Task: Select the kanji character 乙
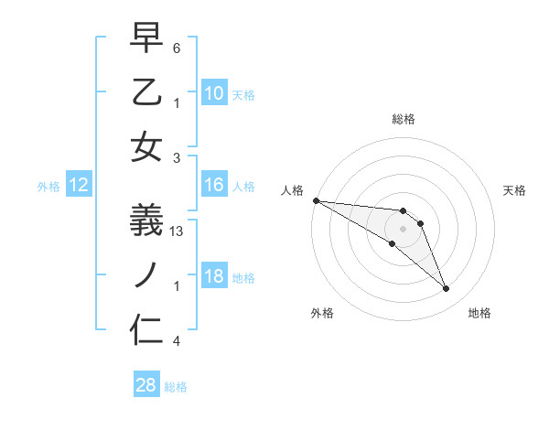point(146,91)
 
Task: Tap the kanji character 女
point(146,146)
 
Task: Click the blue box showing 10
point(214,92)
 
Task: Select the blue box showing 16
point(214,186)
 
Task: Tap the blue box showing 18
point(214,276)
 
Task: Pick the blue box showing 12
point(79,186)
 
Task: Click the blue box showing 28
point(146,385)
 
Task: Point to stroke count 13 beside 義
point(178,232)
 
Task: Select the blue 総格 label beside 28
point(177,387)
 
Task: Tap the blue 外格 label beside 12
point(48,187)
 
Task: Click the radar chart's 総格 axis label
point(404,119)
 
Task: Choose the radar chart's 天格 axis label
point(515,190)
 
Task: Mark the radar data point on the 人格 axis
point(316,199)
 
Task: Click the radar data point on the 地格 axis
point(446,289)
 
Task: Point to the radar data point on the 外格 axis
point(392,243)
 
